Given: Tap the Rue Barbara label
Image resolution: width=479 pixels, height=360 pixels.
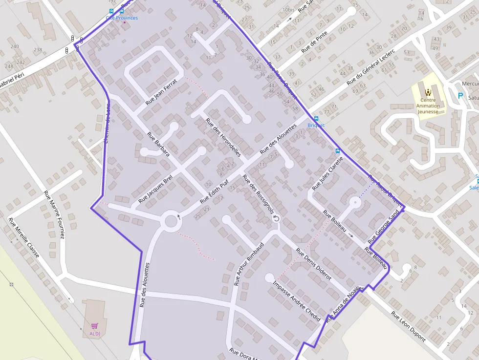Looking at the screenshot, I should (158, 144).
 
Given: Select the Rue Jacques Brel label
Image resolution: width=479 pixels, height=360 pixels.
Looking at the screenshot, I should (155, 190).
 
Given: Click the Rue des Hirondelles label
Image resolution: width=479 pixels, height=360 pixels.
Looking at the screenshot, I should (223, 137).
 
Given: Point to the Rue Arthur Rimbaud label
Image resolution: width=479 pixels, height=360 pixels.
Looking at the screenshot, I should (248, 264).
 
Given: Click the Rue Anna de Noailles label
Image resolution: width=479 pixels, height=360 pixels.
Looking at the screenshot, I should (346, 304).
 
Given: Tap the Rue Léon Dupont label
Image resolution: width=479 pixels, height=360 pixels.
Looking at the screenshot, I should (409, 326).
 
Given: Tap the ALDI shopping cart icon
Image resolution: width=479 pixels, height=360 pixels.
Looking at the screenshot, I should (94, 326).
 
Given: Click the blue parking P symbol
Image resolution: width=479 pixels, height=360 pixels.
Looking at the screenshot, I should (460, 96).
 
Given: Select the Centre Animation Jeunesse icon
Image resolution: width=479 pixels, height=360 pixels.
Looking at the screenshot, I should (428, 92).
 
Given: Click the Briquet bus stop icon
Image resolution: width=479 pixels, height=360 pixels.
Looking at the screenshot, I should (316, 118).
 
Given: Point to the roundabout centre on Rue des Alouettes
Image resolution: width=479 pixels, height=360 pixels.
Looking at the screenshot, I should (171, 221).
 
